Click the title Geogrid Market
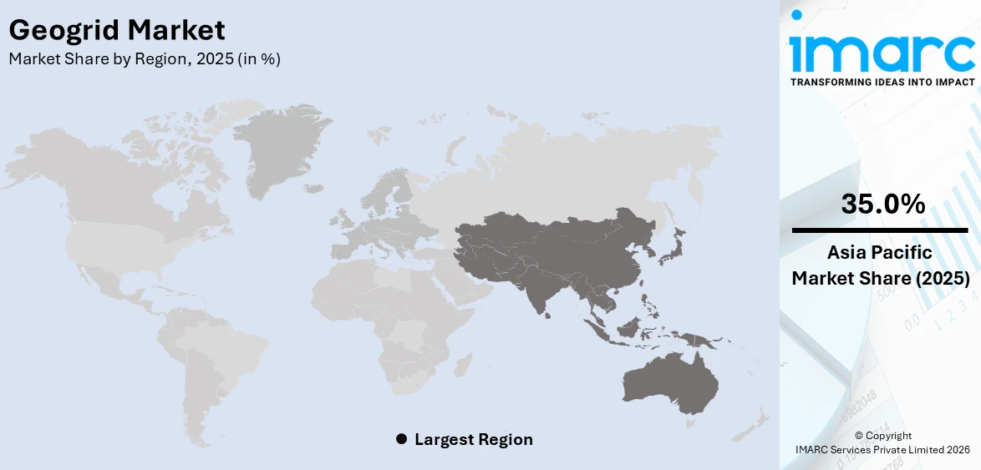click(116, 31)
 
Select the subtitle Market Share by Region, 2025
click(144, 59)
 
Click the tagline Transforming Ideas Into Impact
click(882, 82)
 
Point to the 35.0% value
click(882, 204)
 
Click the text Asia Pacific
click(881, 252)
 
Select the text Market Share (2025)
click(881, 279)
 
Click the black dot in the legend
click(401, 439)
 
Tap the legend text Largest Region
click(473, 439)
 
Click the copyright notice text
click(883, 442)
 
